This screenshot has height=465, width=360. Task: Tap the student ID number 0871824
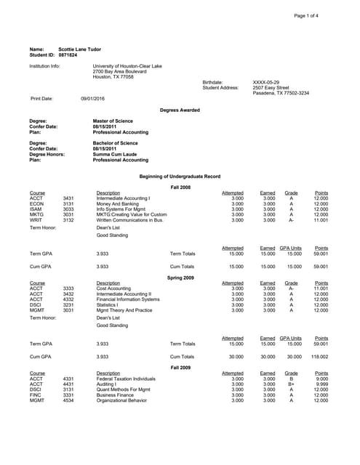(68, 54)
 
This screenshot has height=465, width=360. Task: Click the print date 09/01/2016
(92, 98)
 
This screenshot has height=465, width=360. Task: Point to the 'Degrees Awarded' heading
(180, 110)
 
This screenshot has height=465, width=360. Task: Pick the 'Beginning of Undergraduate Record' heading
(180, 177)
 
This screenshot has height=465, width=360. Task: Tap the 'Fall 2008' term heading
(180, 187)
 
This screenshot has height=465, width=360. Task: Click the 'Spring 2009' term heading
(180, 278)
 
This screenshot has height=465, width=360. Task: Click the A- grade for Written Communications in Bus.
(292, 220)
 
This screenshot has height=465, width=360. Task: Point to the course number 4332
(68, 299)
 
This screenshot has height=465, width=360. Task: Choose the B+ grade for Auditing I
(292, 384)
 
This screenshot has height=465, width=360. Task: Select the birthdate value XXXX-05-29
(266, 82)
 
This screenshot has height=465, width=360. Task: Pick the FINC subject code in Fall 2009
(36, 395)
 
